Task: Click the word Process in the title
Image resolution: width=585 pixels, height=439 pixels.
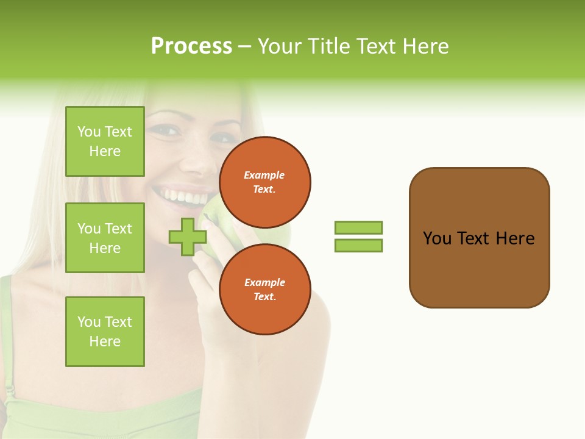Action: [x=191, y=46]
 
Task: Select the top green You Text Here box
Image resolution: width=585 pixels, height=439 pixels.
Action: [x=105, y=141]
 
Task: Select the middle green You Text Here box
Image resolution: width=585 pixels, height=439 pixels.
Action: [x=105, y=238]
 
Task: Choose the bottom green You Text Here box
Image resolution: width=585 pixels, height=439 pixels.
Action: [x=105, y=331]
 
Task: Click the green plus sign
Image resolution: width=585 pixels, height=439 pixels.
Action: [x=188, y=237]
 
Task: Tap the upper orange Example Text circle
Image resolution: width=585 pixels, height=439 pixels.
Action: [x=264, y=182]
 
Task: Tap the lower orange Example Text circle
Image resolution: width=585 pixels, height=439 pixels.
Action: [x=264, y=289]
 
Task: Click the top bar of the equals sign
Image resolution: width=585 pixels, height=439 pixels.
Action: [x=358, y=227]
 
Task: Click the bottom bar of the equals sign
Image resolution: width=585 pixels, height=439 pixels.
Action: [x=358, y=246]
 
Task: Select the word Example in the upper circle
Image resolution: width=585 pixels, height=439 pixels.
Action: [x=264, y=175]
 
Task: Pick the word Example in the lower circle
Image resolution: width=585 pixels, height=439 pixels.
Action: [x=264, y=282]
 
